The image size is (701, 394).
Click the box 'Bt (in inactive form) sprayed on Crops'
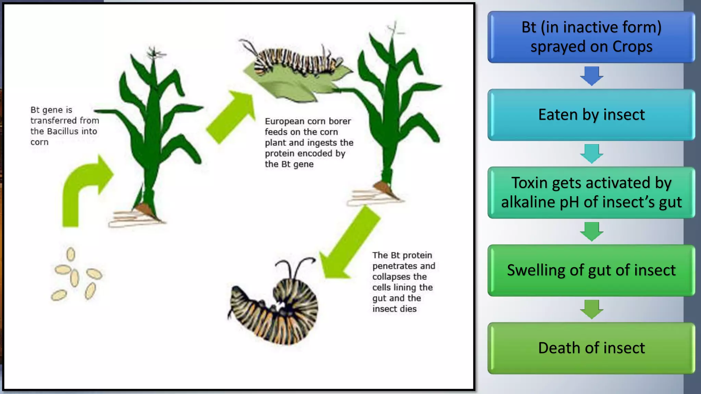pos(591,37)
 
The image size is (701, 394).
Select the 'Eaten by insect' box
pos(591,115)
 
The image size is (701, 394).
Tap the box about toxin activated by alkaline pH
pos(591,192)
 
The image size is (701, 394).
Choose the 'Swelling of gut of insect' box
pos(591,270)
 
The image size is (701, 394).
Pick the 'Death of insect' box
pos(591,348)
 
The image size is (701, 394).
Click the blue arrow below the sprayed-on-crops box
pos(591,76)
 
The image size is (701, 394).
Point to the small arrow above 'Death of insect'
pos(591,309)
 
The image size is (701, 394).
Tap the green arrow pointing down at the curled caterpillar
pos(349,243)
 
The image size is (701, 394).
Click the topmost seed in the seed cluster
pos(71,254)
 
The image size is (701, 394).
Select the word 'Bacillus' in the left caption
pos(62,131)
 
